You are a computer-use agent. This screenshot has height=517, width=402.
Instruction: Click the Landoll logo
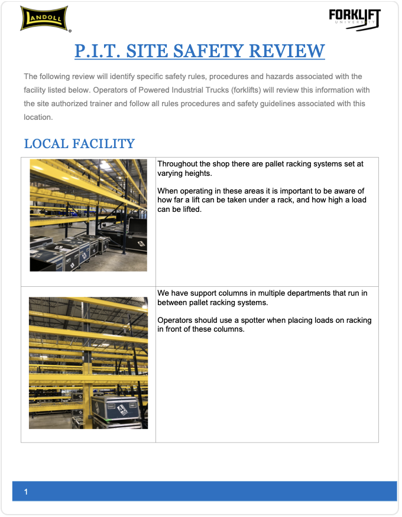coord(44,18)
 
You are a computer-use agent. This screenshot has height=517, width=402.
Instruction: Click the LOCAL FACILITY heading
coord(79,143)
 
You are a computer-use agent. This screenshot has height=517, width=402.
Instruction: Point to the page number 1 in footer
coord(26,492)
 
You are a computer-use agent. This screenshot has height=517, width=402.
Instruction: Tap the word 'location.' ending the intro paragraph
coord(38,117)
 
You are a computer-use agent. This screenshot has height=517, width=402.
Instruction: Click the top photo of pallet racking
coord(88,215)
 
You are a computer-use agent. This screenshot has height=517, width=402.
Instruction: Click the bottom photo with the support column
coord(88,362)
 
